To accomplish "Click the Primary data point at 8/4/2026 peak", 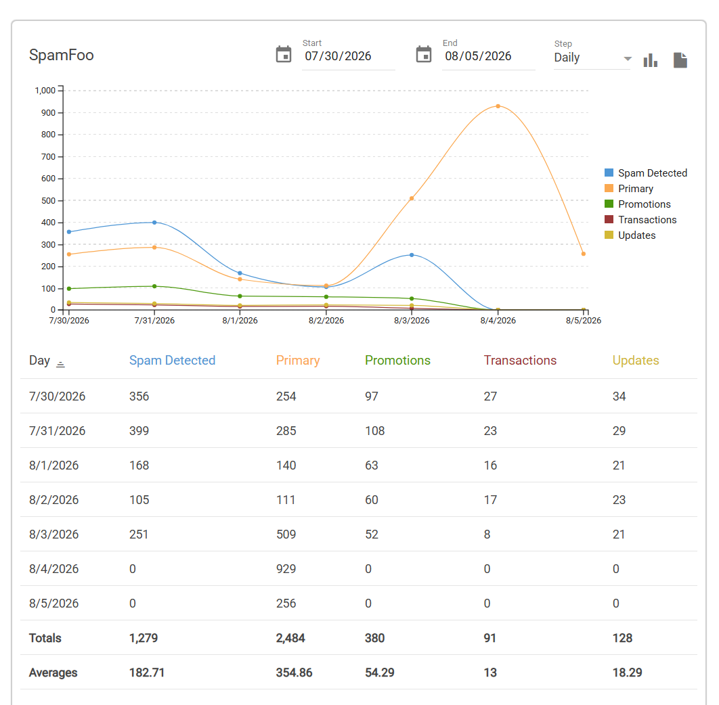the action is [498, 106].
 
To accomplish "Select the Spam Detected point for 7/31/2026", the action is [154, 223].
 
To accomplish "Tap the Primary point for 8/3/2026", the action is [412, 198].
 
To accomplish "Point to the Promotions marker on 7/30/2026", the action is [69, 289].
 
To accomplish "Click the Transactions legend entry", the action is [640, 220].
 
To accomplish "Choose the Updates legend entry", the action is [630, 235].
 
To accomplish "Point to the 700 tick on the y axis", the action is [48, 157].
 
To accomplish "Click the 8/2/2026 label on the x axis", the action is [326, 321].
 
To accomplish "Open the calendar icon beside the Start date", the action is [284, 55].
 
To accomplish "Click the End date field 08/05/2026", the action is [478, 56].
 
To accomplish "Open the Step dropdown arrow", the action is [628, 59].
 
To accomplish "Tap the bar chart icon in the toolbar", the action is [650, 60].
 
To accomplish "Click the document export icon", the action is [680, 60].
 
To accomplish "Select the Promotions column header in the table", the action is [397, 361].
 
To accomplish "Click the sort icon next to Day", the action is [60, 364].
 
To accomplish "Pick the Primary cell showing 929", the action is [286, 569].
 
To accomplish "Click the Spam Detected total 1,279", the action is [144, 638].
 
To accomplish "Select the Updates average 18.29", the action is [628, 673].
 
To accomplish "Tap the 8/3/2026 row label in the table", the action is [53, 535].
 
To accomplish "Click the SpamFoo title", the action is [62, 55].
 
